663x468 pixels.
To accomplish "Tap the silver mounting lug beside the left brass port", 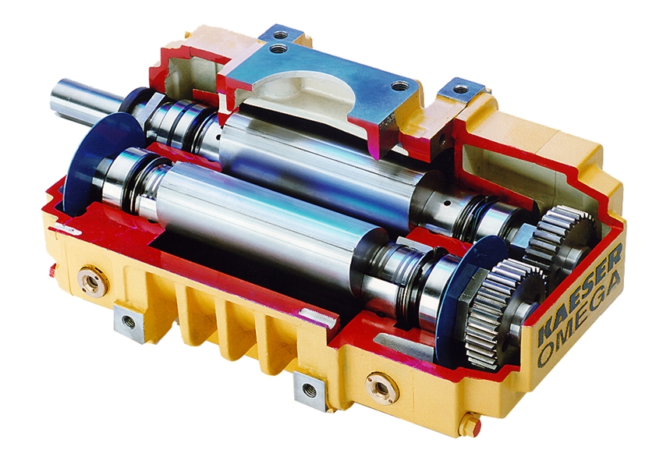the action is [129, 322].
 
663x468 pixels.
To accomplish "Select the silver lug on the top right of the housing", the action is [463, 90].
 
